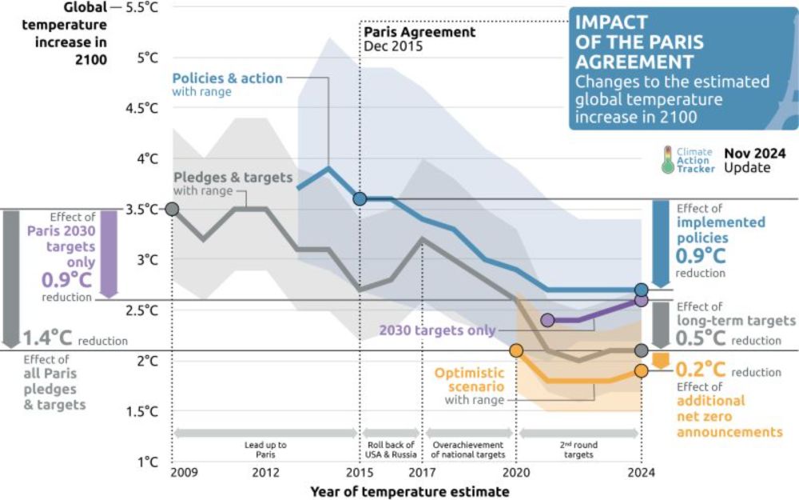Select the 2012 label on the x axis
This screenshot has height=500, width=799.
click(x=265, y=472)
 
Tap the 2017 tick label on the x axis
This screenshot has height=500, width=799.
click(x=423, y=472)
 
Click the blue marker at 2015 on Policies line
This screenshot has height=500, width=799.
click(x=360, y=198)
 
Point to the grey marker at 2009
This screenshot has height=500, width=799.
click(x=171, y=210)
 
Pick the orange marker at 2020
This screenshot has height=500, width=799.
click(x=516, y=350)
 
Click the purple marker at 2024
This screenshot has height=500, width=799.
click(x=641, y=300)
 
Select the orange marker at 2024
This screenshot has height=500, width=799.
click(x=641, y=370)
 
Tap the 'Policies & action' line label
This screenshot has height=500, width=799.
click(x=227, y=78)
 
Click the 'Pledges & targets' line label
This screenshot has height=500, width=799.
click(x=233, y=177)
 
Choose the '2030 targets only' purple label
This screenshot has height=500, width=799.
click(x=437, y=330)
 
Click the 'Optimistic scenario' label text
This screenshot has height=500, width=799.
click(x=469, y=378)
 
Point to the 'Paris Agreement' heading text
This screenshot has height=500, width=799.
click(x=419, y=32)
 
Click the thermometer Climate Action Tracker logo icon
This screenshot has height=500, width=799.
click(x=667, y=159)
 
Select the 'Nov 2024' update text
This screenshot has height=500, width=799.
click(x=755, y=153)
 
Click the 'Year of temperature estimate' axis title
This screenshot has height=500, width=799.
click(x=410, y=491)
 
